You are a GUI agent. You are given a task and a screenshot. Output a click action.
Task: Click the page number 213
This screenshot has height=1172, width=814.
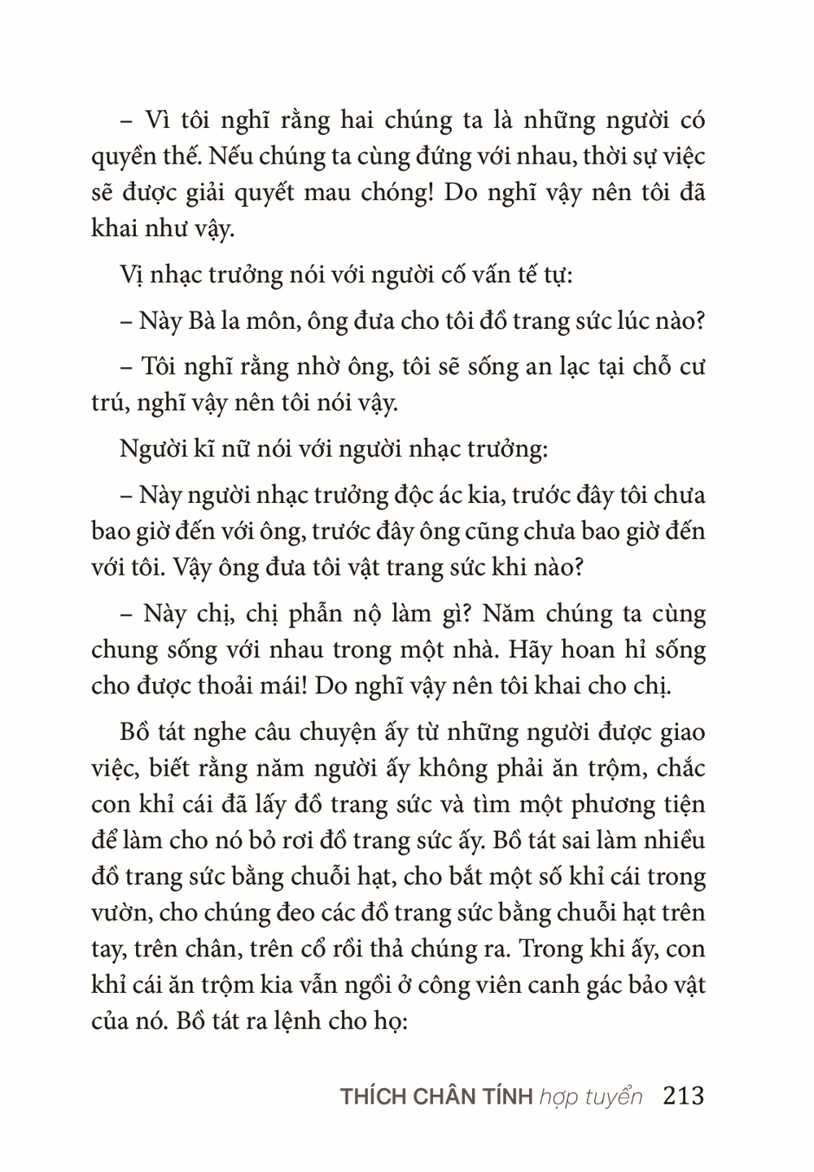pos(684,1096)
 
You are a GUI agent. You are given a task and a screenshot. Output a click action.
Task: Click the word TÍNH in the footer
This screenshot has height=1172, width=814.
pos(506,1096)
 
